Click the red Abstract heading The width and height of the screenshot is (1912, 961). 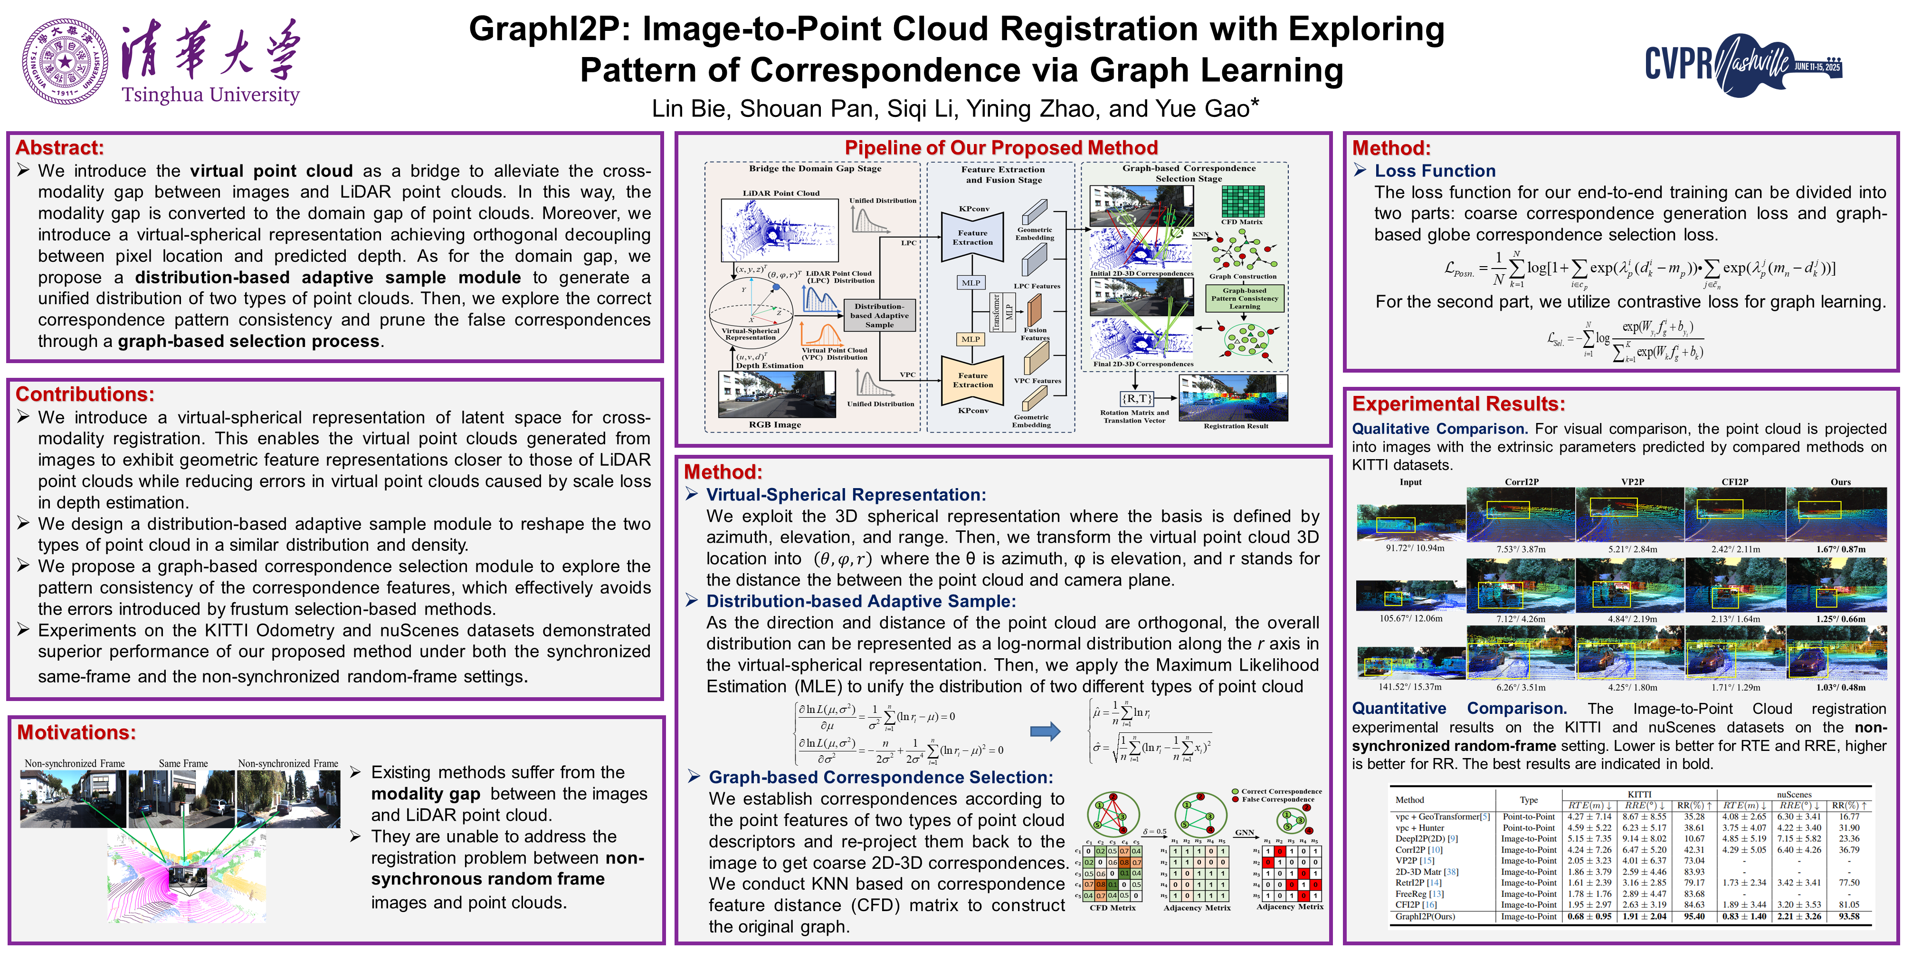[59, 148]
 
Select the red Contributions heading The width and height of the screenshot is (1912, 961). [85, 394]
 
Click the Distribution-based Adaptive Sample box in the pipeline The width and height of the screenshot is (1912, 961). [880, 316]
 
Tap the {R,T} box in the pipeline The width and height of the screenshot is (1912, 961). [1136, 398]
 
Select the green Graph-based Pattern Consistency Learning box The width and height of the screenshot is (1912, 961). [1244, 298]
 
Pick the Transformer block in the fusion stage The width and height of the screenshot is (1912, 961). [997, 311]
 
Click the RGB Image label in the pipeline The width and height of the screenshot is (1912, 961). [775, 425]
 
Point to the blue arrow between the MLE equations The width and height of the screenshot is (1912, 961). [1045, 731]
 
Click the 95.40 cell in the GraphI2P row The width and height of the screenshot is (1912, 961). [1694, 916]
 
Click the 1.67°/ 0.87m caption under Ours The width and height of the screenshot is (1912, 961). [1841, 549]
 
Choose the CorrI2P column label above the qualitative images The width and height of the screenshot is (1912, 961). [1522, 482]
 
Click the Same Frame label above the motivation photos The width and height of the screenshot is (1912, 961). [183, 763]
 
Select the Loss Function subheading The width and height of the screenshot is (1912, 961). [1435, 171]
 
